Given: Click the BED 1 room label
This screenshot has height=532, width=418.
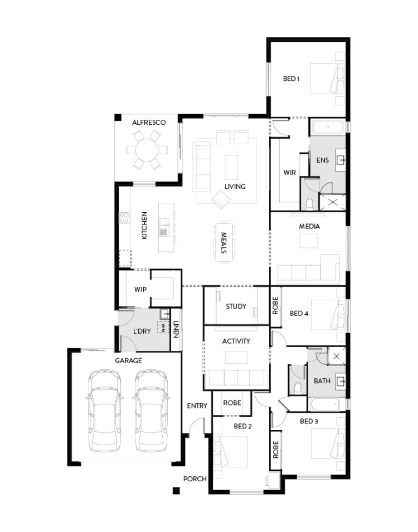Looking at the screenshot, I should pyautogui.click(x=291, y=79).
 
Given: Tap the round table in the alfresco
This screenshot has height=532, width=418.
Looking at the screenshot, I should pyautogui.click(x=147, y=149).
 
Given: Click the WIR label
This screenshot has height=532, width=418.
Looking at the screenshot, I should pyautogui.click(x=290, y=173).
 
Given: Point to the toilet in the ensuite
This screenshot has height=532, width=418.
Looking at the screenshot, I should pyautogui.click(x=310, y=203).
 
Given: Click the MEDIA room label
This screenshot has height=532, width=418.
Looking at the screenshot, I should pyautogui.click(x=309, y=227).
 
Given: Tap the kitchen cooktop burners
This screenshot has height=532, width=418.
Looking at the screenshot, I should pyautogui.click(x=124, y=218).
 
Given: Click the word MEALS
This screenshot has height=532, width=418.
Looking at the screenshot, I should pyautogui.click(x=223, y=243).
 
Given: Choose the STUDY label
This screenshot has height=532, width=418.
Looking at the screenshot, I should pyautogui.click(x=236, y=306).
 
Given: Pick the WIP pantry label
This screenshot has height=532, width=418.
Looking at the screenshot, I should pyautogui.click(x=140, y=290).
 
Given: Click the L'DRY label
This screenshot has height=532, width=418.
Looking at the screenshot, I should pyautogui.click(x=142, y=331).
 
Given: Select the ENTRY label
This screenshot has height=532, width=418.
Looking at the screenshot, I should pyautogui.click(x=197, y=406).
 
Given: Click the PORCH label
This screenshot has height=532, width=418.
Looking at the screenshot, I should pyautogui.click(x=195, y=479).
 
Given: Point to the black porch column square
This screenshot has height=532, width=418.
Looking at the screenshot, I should pyautogui.click(x=176, y=490).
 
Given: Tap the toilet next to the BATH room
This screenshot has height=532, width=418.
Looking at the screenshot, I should pyautogui.click(x=298, y=387).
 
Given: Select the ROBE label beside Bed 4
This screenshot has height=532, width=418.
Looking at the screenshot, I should pyautogui.click(x=275, y=307).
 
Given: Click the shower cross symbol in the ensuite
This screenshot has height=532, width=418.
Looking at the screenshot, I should pyautogui.click(x=333, y=202).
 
